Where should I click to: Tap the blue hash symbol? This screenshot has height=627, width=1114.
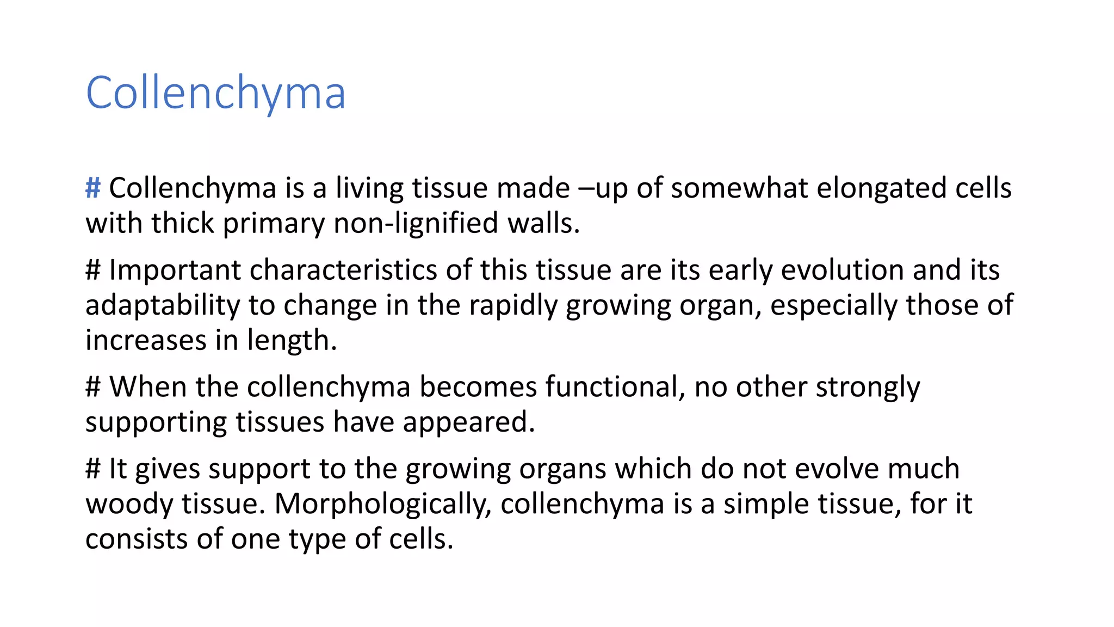tap(93, 188)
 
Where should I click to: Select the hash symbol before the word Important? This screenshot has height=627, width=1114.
tap(93, 270)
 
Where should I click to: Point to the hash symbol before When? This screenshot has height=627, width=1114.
tap(93, 387)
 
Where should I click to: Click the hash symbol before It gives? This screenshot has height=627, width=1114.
tap(93, 469)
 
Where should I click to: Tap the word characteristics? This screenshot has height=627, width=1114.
tap(343, 270)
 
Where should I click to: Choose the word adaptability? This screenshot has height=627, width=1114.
tap(163, 305)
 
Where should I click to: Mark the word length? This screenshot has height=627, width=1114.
tap(292, 341)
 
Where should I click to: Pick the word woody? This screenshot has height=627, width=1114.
tap(129, 504)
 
